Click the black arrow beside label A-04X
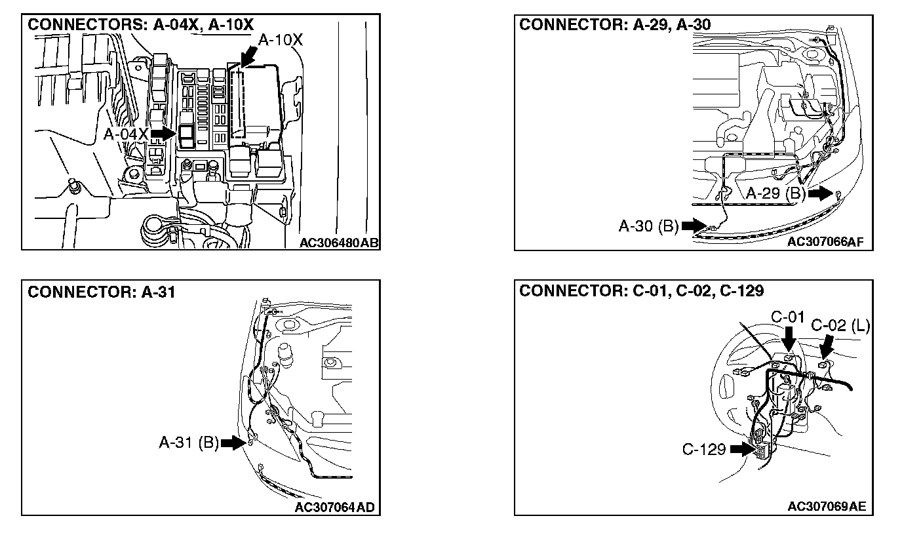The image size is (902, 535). pyautogui.click(x=162, y=134)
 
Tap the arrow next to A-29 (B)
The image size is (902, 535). pyautogui.click(x=819, y=193)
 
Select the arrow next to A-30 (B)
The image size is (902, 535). pyautogui.click(x=693, y=226)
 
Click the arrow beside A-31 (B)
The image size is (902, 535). pyautogui.click(x=233, y=443)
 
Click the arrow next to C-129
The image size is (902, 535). pyautogui.click(x=741, y=449)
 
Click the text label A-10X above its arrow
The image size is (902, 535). pyautogui.click(x=281, y=40)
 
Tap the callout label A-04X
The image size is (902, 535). pyautogui.click(x=126, y=134)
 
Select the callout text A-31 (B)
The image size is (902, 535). pyautogui.click(x=189, y=443)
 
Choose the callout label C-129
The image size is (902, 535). pyautogui.click(x=704, y=449)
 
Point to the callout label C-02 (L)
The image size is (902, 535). pyautogui.click(x=840, y=326)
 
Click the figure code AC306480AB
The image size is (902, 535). pyautogui.click(x=339, y=243)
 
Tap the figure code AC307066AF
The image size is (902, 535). pyautogui.click(x=826, y=243)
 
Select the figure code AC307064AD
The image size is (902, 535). pyautogui.click(x=335, y=507)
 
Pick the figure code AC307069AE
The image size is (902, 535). pyautogui.click(x=827, y=507)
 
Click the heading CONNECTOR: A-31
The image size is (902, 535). pyautogui.click(x=102, y=292)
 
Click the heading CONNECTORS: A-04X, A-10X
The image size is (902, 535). pyautogui.click(x=140, y=25)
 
